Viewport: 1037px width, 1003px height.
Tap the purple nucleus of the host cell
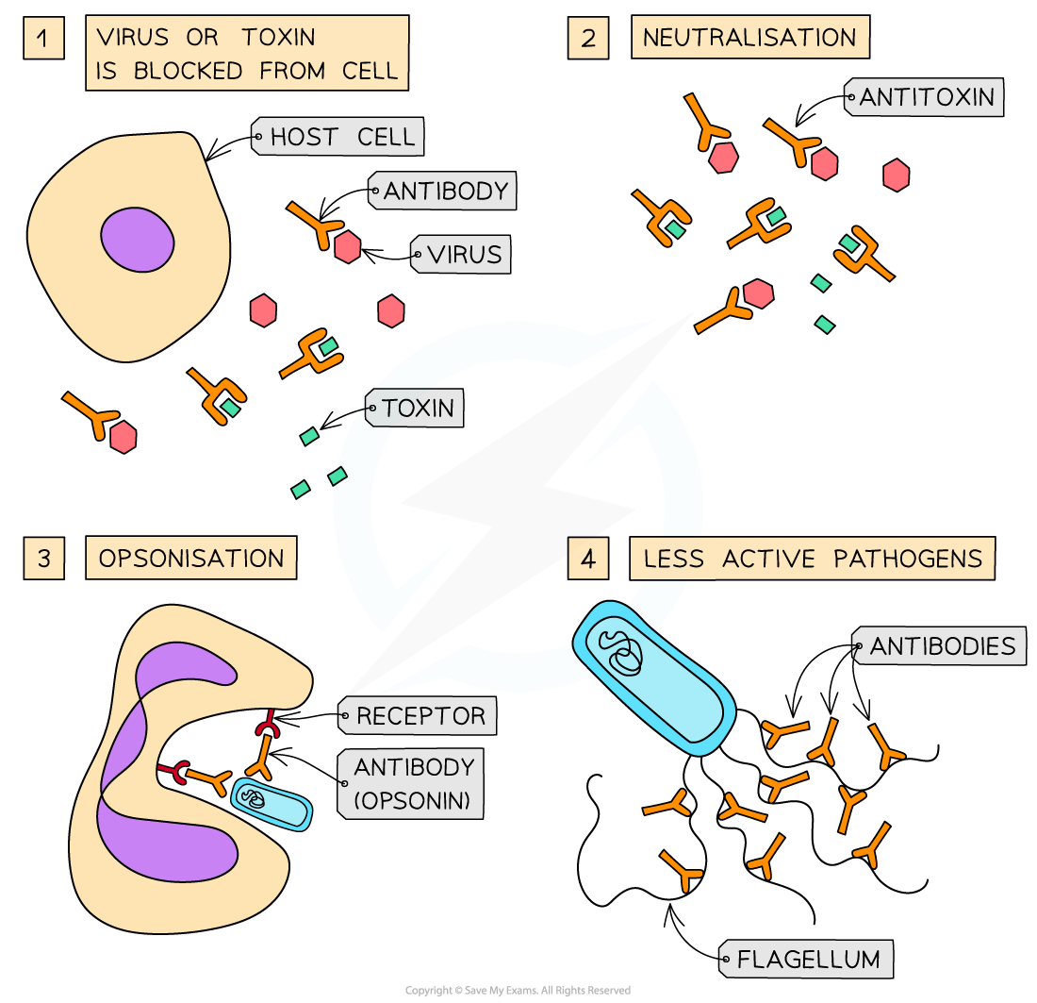pyautogui.click(x=138, y=242)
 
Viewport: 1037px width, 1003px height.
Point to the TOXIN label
pyautogui.click(x=418, y=409)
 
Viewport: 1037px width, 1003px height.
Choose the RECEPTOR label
pyautogui.click(x=420, y=716)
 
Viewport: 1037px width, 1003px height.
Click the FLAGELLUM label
pyautogui.click(x=808, y=960)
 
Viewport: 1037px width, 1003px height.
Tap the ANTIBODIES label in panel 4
pyautogui.click(x=942, y=646)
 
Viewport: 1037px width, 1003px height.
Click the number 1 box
pyautogui.click(x=44, y=40)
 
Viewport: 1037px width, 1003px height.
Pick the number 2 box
pyautogui.click(x=588, y=40)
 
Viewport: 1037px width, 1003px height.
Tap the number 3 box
pyautogui.click(x=44, y=558)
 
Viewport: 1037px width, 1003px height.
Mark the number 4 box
pyautogui.click(x=588, y=559)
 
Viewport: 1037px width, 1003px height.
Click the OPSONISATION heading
pyautogui.click(x=191, y=558)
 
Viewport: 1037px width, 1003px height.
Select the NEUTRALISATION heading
pyautogui.click(x=749, y=39)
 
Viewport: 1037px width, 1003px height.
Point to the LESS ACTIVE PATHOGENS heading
pyautogui.click(x=812, y=559)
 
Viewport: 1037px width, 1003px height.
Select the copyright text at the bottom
pyautogui.click(x=518, y=991)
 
